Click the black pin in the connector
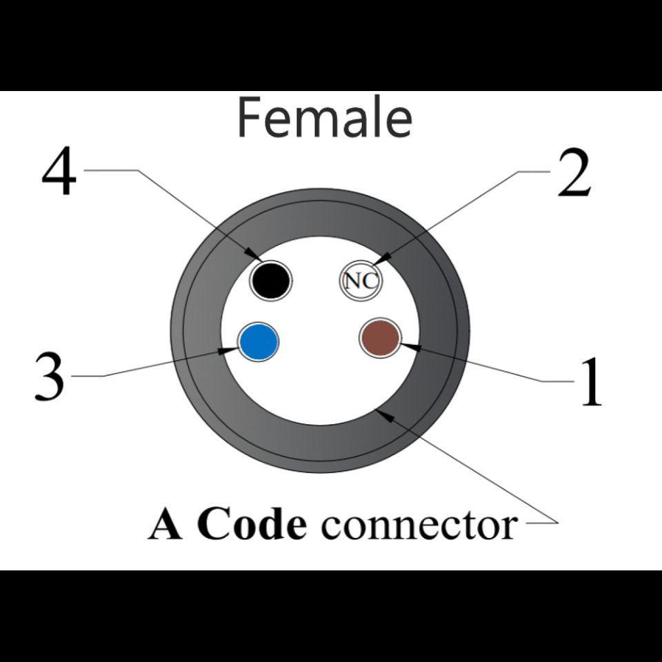click(x=270, y=280)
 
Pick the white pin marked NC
click(x=361, y=281)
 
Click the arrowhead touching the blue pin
click(x=227, y=351)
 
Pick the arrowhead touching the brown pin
click(x=405, y=345)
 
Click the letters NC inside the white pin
click(x=361, y=281)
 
